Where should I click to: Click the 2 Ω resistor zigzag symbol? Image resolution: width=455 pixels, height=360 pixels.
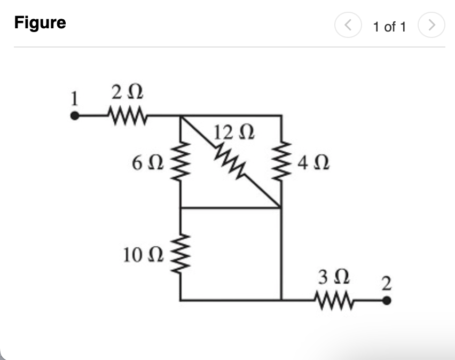point(127,114)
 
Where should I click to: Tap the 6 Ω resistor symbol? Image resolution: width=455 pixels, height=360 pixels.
point(181,161)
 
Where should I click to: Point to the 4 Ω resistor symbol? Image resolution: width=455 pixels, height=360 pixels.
point(281,160)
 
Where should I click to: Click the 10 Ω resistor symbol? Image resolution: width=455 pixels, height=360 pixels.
point(181,254)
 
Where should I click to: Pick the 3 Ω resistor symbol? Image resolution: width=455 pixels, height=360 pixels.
point(334,300)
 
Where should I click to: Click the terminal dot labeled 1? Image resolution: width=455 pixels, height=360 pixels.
point(76,115)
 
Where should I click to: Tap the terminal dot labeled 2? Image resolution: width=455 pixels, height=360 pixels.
point(388,300)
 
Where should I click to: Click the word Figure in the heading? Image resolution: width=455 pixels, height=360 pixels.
point(40,23)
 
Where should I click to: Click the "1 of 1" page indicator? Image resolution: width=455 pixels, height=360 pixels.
point(389,27)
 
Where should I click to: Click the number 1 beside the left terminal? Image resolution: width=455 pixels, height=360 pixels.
point(75,98)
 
